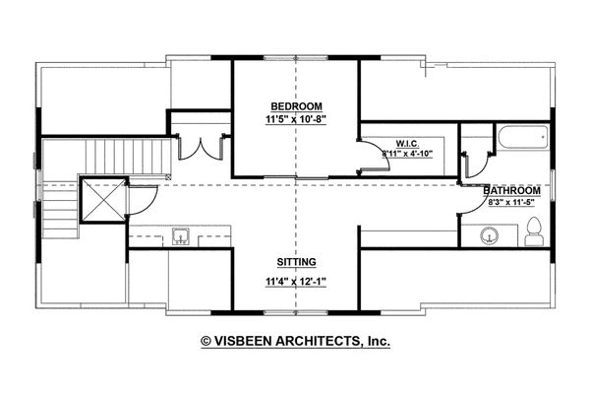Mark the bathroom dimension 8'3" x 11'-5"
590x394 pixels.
[x=514, y=202]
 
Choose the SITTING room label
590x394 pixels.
[x=295, y=263]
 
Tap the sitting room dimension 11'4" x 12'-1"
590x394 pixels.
[x=295, y=281]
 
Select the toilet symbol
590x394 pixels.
[x=533, y=232]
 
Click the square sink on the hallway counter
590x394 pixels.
[x=181, y=236]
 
